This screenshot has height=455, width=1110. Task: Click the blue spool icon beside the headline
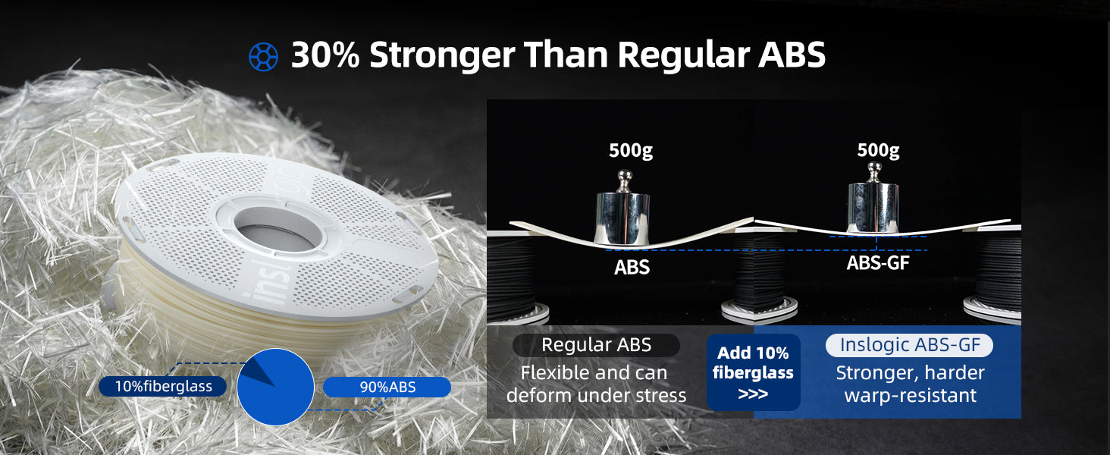click(263, 57)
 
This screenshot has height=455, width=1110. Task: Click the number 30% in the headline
click(325, 55)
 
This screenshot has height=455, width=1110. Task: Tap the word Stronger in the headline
click(442, 55)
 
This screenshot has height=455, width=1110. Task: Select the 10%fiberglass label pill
click(162, 387)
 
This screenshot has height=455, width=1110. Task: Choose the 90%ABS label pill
click(387, 387)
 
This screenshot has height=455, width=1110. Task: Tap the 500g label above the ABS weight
click(631, 150)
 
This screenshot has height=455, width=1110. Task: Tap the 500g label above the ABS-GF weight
click(879, 150)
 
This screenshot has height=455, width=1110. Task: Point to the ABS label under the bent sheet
click(632, 268)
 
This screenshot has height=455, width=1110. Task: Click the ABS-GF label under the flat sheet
click(878, 262)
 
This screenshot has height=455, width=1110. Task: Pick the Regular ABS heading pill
click(596, 345)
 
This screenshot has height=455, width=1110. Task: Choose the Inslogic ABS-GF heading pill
click(909, 345)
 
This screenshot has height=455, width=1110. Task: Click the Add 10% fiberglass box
click(753, 372)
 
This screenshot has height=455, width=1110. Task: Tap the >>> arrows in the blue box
click(753, 394)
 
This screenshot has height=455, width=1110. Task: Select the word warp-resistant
click(911, 396)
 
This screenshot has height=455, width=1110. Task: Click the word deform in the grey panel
click(538, 396)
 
